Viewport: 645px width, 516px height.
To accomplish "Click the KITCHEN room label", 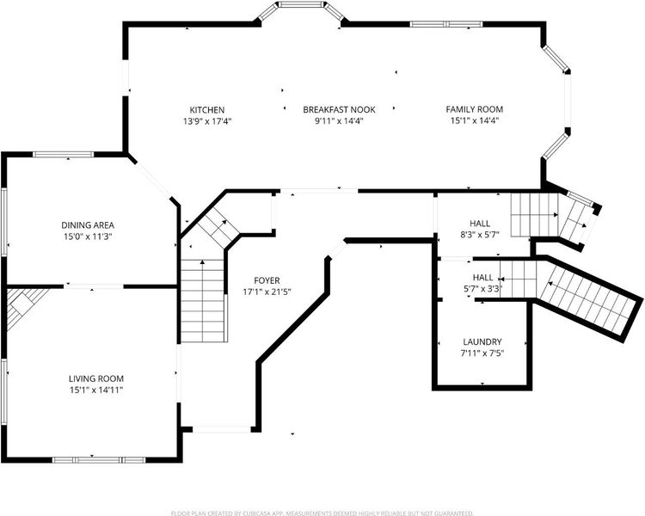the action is pos(207,110).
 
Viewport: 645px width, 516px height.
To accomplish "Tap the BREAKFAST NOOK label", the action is pos(339,109).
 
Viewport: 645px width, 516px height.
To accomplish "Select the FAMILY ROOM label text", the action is pos(474,109).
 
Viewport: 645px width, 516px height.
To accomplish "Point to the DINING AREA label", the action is pos(88,225).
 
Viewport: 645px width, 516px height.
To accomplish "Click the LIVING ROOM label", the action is pos(95,378).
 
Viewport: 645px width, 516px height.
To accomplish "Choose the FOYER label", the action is pos(267,280).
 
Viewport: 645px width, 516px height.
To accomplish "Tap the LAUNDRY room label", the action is pos(482,341).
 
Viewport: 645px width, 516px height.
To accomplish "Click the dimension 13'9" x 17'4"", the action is pos(207,121).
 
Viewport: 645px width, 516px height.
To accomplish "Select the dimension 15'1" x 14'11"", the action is pos(96,390).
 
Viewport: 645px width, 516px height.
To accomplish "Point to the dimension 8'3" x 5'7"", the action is pos(480,235).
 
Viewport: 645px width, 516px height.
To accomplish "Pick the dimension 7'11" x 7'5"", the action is pos(482,353).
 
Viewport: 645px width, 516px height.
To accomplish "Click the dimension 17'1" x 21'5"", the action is pos(267,292).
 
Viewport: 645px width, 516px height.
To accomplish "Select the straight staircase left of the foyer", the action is pos(203,300).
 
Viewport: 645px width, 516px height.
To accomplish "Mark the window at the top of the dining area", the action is pos(63,154).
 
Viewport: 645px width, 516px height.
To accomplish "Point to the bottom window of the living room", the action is pos(99,459).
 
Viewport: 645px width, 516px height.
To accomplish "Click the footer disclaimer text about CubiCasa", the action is pos(322,513).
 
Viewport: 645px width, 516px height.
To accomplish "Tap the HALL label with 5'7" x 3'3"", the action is pos(482,277).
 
